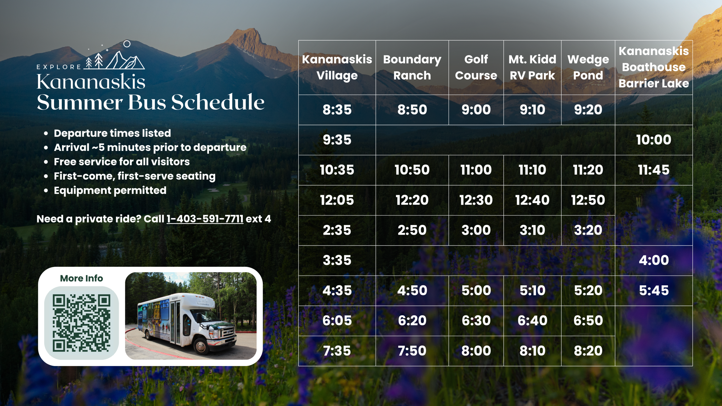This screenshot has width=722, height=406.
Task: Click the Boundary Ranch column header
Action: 412,67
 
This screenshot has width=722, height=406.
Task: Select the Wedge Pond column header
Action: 588,67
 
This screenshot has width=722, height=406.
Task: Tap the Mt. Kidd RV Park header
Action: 532,67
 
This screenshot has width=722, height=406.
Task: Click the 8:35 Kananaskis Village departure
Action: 337,110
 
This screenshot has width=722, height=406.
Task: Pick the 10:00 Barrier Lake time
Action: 653,140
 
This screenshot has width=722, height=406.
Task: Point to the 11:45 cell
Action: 653,170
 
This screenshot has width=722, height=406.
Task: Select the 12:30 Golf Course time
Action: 476,200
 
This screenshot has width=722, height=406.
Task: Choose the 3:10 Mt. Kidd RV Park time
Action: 532,230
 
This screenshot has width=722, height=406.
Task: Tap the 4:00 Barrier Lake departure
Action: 653,260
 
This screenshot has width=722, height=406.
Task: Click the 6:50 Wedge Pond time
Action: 588,321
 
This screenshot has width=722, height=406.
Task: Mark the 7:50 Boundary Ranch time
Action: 412,351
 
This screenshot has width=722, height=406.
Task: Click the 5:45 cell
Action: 653,290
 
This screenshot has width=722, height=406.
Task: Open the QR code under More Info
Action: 82,323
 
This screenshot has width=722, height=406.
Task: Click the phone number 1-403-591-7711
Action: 205,219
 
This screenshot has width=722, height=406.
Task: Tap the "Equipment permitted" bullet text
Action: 110,191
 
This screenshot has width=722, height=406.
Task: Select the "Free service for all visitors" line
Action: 122,162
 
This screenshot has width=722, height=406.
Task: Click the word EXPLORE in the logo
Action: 59,67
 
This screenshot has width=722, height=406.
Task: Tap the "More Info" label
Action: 82,278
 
